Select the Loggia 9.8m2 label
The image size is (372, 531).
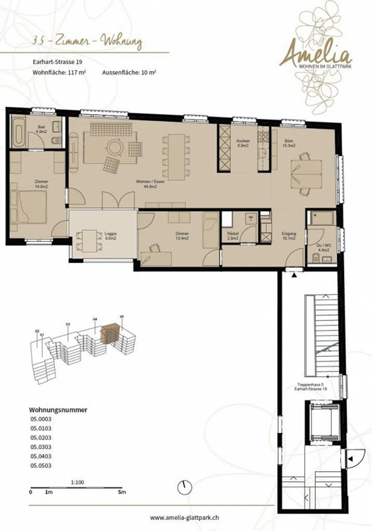point(111,236)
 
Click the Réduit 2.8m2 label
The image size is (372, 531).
point(233,236)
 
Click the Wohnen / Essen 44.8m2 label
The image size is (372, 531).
point(150,184)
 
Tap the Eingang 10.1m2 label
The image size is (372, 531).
point(289,236)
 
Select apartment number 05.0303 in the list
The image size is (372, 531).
point(41,447)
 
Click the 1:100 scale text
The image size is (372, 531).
point(78,482)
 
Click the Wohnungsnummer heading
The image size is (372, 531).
point(58,410)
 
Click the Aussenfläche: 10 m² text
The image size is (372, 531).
point(129,72)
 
